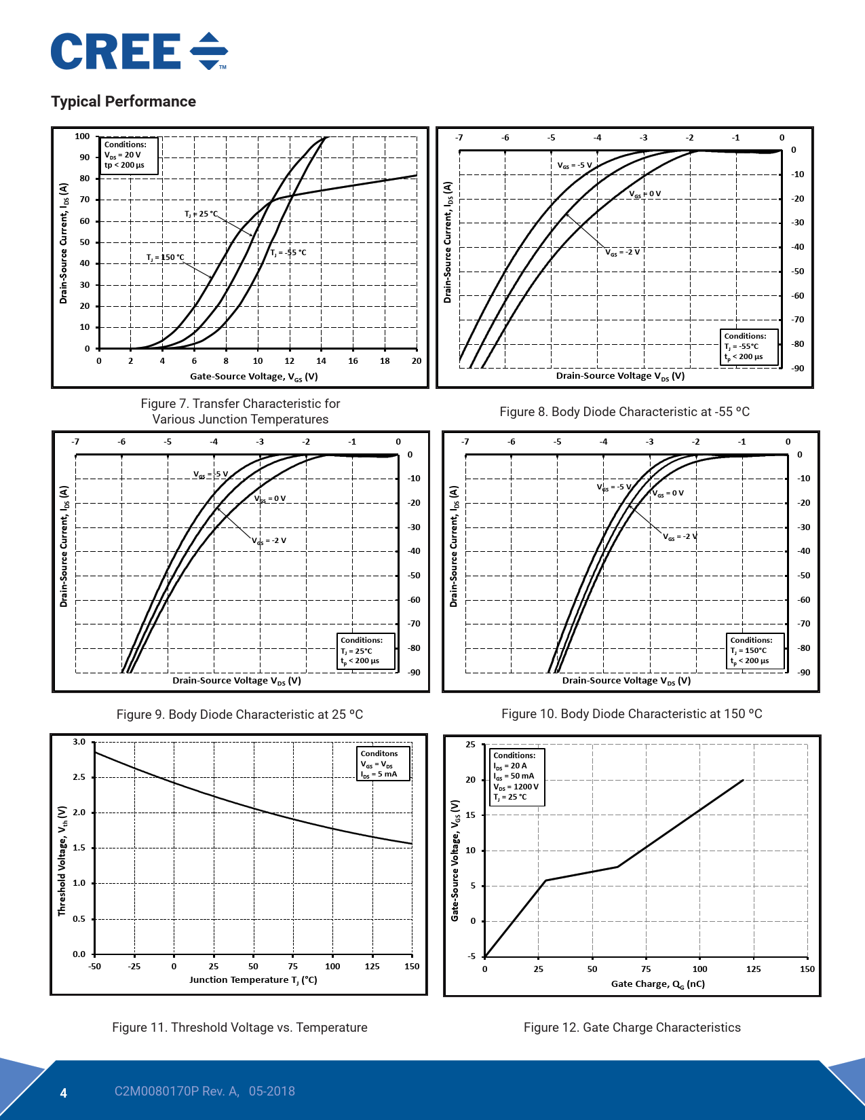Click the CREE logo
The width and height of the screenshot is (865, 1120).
(138, 52)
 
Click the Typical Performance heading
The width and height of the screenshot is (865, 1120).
(123, 102)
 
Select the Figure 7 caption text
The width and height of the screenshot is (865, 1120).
(240, 411)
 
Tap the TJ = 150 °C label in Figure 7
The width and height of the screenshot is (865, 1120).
(165, 258)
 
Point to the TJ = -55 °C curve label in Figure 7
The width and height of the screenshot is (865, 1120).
(288, 253)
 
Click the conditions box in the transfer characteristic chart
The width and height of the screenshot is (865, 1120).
(130, 155)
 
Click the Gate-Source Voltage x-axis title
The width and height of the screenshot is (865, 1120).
(254, 377)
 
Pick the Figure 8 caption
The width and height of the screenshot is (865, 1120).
(624, 412)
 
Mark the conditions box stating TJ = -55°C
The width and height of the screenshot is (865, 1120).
(749, 347)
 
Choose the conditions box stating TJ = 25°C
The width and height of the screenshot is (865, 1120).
(366, 651)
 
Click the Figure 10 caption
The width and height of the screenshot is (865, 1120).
(632, 714)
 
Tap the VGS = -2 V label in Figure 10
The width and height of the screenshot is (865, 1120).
(680, 537)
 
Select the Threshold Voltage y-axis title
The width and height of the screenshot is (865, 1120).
(62, 861)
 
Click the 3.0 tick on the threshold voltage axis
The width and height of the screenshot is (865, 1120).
(79, 742)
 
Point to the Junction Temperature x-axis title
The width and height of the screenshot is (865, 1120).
(253, 980)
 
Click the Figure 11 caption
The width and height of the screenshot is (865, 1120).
(239, 1028)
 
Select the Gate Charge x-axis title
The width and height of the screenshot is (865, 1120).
(657, 984)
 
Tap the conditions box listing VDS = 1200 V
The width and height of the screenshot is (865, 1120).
(517, 777)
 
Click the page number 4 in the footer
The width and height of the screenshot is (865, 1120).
(64, 1093)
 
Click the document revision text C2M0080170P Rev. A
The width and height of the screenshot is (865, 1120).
(176, 1091)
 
